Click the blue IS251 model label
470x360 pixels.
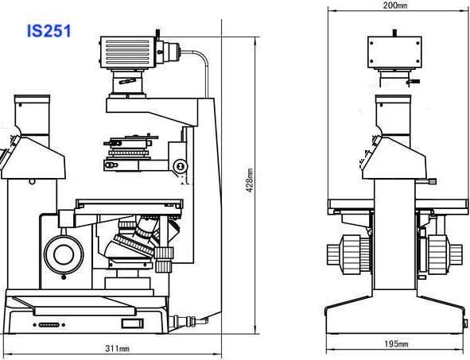click(x=49, y=31)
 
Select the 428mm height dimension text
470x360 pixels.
click(x=250, y=180)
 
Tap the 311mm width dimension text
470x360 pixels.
click(x=117, y=348)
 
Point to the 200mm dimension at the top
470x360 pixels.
click(x=395, y=5)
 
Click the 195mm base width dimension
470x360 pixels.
click(x=396, y=343)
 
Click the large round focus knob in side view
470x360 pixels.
click(x=64, y=254)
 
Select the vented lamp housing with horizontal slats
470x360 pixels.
click(x=127, y=52)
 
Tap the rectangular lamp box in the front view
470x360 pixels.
click(x=394, y=52)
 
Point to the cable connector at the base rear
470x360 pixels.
click(x=188, y=321)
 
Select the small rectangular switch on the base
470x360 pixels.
click(x=132, y=323)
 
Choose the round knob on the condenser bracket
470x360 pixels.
click(x=181, y=165)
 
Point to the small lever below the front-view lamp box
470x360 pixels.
click(x=413, y=81)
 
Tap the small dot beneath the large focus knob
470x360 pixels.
click(x=64, y=277)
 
